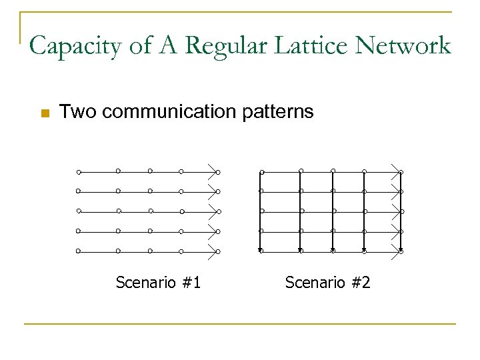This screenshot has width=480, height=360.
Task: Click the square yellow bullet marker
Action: [45, 113]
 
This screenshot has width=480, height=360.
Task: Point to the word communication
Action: [169, 111]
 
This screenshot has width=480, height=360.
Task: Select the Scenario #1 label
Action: [159, 283]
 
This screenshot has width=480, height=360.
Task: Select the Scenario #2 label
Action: [327, 283]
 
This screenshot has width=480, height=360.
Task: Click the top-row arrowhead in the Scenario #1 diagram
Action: [213, 171]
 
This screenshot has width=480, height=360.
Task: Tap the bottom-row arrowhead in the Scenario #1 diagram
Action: [213, 251]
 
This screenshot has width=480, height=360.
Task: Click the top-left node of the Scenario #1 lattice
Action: [79, 172]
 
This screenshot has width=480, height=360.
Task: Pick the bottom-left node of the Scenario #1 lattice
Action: [79, 251]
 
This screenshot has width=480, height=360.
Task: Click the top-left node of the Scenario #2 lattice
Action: [261, 172]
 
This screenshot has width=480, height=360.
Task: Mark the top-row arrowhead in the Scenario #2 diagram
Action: [397, 171]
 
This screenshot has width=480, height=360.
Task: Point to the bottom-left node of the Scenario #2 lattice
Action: [261, 251]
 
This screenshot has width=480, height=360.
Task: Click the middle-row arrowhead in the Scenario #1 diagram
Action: [213, 211]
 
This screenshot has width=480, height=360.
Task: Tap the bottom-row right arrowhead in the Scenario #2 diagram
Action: [397, 251]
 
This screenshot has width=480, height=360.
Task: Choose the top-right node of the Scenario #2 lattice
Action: [401, 172]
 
